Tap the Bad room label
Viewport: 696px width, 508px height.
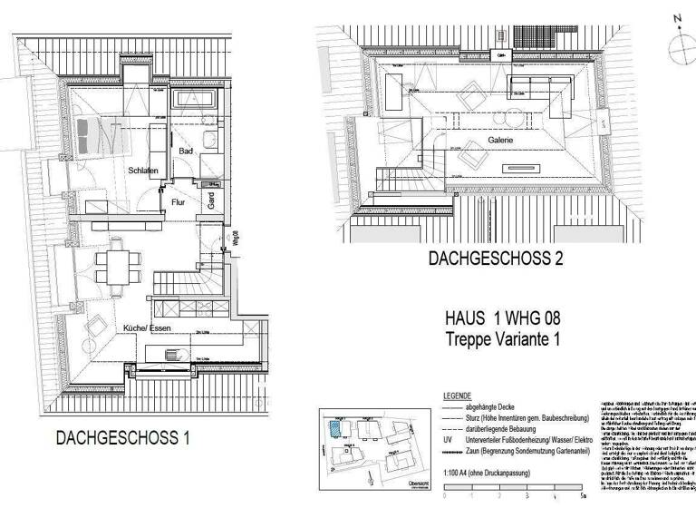(x=186, y=151)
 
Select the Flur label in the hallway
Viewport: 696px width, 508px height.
(x=178, y=202)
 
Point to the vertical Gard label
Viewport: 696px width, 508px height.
(x=210, y=201)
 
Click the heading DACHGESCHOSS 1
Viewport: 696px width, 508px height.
(x=122, y=438)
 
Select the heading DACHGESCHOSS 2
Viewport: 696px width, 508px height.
(x=496, y=259)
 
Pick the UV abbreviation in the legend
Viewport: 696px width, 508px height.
(x=449, y=439)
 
